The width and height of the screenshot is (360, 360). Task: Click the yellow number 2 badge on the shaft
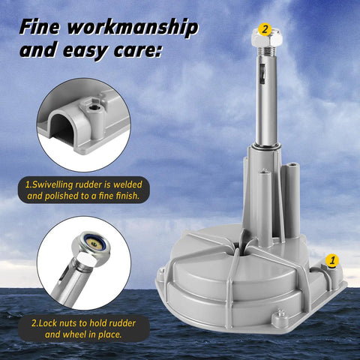click(x=265, y=29)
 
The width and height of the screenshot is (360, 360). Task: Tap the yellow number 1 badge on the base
click(x=332, y=260)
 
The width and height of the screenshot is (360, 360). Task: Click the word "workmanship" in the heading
click(x=133, y=27)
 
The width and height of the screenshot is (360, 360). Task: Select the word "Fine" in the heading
click(x=40, y=26)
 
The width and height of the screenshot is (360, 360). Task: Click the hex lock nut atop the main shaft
click(x=267, y=38)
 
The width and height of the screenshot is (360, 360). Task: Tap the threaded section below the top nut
click(x=267, y=52)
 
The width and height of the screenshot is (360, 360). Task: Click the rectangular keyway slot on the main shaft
click(x=262, y=73)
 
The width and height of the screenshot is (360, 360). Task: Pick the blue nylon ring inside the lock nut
click(x=96, y=242)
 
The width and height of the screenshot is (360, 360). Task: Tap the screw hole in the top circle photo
click(x=94, y=108)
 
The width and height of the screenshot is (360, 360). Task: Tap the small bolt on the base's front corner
click(x=280, y=316)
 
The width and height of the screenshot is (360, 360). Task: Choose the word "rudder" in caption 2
click(x=122, y=323)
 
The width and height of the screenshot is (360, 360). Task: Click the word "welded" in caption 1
click(x=127, y=184)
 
